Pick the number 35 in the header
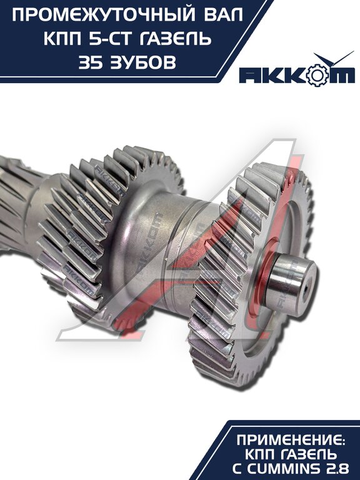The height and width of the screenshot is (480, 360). [x=90, y=62]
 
